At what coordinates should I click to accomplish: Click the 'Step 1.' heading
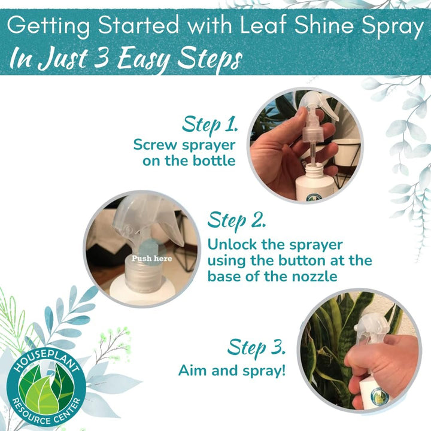pyautogui.click(x=210, y=125)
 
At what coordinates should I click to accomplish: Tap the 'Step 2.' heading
pyautogui.click(x=236, y=220)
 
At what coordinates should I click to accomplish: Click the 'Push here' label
pyautogui.click(x=151, y=259)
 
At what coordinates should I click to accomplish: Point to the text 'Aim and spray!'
pyautogui.click(x=232, y=371)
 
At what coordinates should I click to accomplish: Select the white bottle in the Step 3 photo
pyautogui.click(x=374, y=392)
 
